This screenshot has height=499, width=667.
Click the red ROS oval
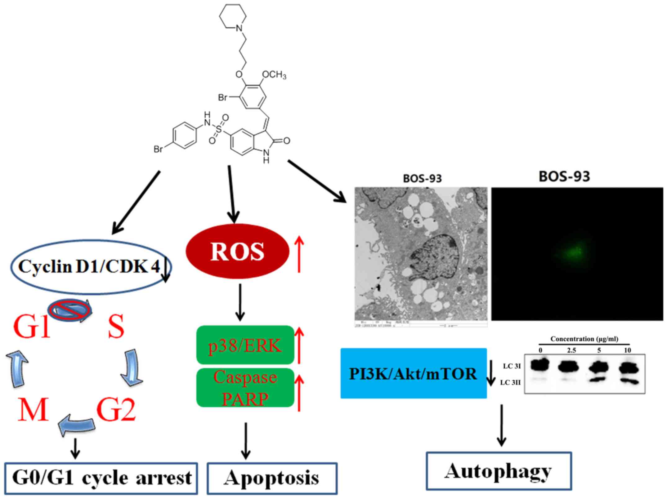point(237,251)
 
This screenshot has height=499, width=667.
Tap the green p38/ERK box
point(245,345)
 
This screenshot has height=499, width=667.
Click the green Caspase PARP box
point(245,387)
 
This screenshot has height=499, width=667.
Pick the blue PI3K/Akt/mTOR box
point(413,373)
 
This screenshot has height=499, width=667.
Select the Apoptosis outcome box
point(272,478)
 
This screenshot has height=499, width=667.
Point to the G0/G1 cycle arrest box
point(101,478)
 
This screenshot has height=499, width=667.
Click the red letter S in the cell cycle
point(116,327)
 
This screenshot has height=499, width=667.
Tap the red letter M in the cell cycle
point(33,409)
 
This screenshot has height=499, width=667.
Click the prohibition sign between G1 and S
point(69,310)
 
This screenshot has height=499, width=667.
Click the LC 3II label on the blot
point(510,383)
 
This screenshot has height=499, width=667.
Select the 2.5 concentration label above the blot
point(571,350)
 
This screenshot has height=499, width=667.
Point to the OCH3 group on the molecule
point(274,75)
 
